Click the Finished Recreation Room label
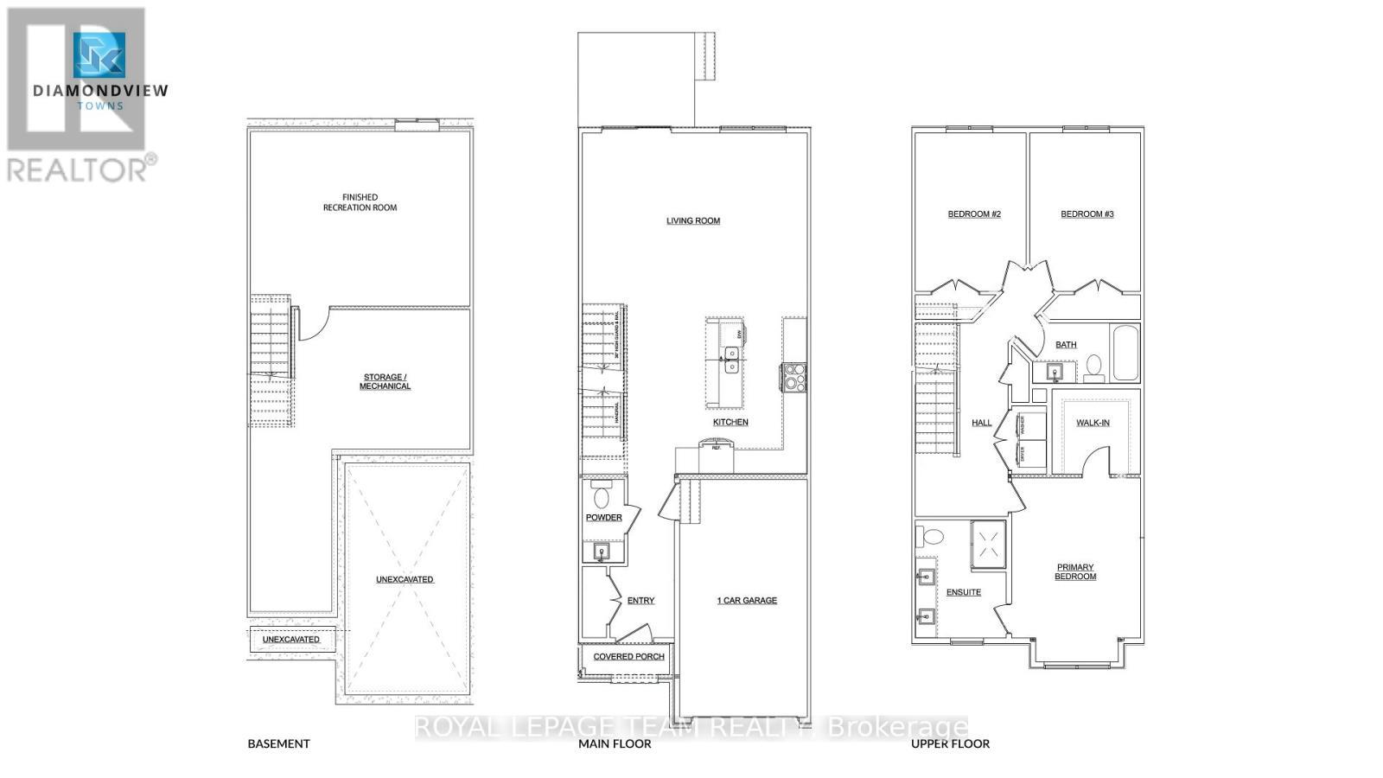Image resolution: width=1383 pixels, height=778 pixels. coord(360,202)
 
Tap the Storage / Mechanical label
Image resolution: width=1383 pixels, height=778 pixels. coord(385,381)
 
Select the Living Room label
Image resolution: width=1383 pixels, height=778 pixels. coord(692,220)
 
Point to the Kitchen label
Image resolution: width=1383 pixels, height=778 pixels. coord(730,422)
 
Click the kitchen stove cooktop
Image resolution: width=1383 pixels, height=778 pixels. coord(793,377)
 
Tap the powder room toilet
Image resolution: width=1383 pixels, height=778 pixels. coord(602,495)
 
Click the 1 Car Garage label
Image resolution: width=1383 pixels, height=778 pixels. coord(747,600)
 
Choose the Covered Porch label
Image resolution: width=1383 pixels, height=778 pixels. coord(628,656)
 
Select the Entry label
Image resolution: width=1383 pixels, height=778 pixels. coord(641,600)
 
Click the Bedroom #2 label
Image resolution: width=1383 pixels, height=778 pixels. coord(974,214)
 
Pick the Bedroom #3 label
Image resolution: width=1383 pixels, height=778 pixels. coord(1087,214)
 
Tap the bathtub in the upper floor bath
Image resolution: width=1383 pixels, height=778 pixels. coord(1125,353)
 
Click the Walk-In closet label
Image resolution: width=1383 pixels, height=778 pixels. coord(1093,423)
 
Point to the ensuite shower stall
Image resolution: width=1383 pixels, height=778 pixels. coord(989,544)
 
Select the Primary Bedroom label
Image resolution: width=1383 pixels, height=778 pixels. coord(1075,571)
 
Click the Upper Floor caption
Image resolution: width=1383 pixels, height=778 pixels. coord(950,743)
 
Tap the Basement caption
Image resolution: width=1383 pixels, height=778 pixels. coord(278,743)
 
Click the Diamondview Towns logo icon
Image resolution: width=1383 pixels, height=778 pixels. coord(99,55)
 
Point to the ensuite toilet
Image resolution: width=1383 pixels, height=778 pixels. coord(931,536)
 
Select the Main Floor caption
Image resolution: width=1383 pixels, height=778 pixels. coord(615,743)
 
